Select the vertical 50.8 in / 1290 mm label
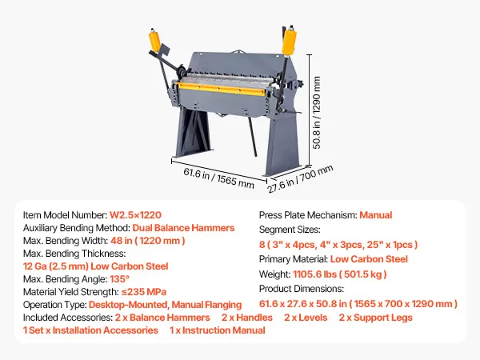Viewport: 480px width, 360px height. (317, 112)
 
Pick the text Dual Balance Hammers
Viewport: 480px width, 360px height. (183, 228)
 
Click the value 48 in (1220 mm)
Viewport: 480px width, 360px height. (150, 241)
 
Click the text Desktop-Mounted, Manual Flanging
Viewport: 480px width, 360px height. (165, 304)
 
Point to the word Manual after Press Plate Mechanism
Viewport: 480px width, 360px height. (375, 215)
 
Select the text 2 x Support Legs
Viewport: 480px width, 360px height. (375, 318)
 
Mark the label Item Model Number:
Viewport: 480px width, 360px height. (65, 215)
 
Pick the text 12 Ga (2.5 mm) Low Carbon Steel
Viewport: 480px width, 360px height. (95, 266)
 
